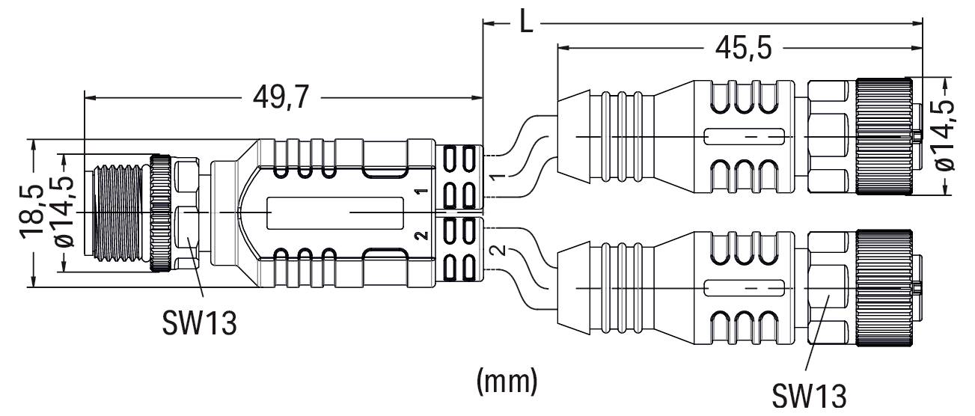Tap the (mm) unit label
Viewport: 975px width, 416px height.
(507, 382)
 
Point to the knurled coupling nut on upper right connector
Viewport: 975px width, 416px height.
(883, 135)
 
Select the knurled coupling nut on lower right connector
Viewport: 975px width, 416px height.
(883, 288)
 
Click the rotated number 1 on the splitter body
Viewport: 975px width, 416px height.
(421, 194)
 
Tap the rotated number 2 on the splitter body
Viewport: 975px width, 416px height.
(421, 236)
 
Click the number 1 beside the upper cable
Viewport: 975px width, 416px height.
(495, 177)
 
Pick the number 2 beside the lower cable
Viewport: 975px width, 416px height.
(495, 251)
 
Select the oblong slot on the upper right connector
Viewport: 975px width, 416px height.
(743, 137)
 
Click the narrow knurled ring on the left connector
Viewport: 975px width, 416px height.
(160, 213)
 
